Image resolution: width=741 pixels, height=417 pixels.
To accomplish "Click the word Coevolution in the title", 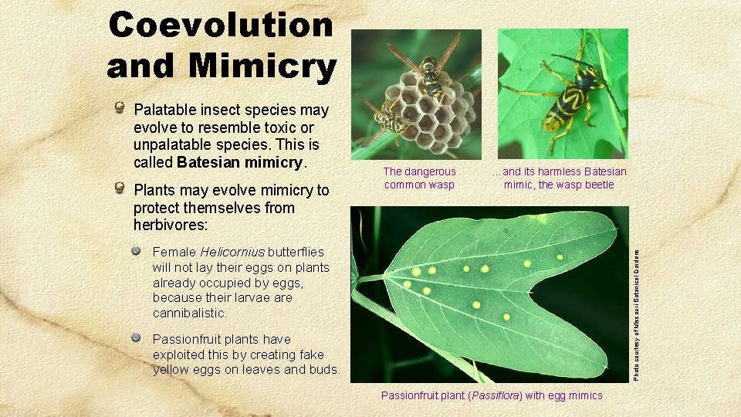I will coord(221,25).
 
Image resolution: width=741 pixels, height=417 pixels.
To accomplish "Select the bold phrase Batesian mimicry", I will coord(241,163).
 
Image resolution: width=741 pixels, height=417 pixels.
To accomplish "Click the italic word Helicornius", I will coord(232,252).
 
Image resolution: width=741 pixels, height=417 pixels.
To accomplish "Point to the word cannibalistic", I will coord(189,314).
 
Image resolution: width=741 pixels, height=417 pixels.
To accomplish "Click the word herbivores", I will coord(169,225).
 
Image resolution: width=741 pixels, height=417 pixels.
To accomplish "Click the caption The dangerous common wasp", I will coord(420,178).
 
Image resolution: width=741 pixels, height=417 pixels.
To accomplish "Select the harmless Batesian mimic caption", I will coord(560,178).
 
